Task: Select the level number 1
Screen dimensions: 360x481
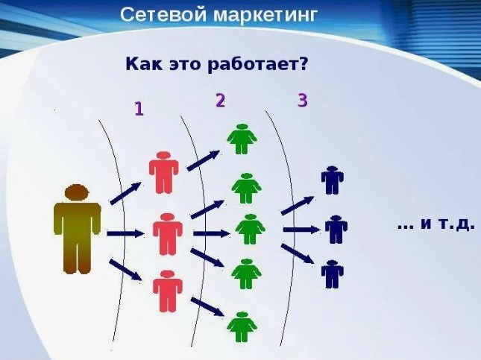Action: (139, 109)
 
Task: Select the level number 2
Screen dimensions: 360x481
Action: (220, 101)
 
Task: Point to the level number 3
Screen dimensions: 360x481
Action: (302, 101)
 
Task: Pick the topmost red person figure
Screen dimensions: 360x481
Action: (163, 173)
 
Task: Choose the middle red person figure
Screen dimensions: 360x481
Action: (167, 233)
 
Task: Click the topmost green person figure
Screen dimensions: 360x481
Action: (241, 139)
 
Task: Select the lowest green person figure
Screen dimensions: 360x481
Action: (242, 326)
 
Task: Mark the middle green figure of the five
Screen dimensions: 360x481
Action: (250, 229)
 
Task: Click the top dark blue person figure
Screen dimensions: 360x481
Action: (331, 180)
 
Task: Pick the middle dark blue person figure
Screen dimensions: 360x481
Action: (336, 229)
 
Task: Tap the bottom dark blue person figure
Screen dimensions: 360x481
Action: (332, 274)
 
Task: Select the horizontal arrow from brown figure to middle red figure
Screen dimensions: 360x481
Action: (125, 234)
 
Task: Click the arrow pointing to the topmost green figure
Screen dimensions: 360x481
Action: (204, 160)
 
